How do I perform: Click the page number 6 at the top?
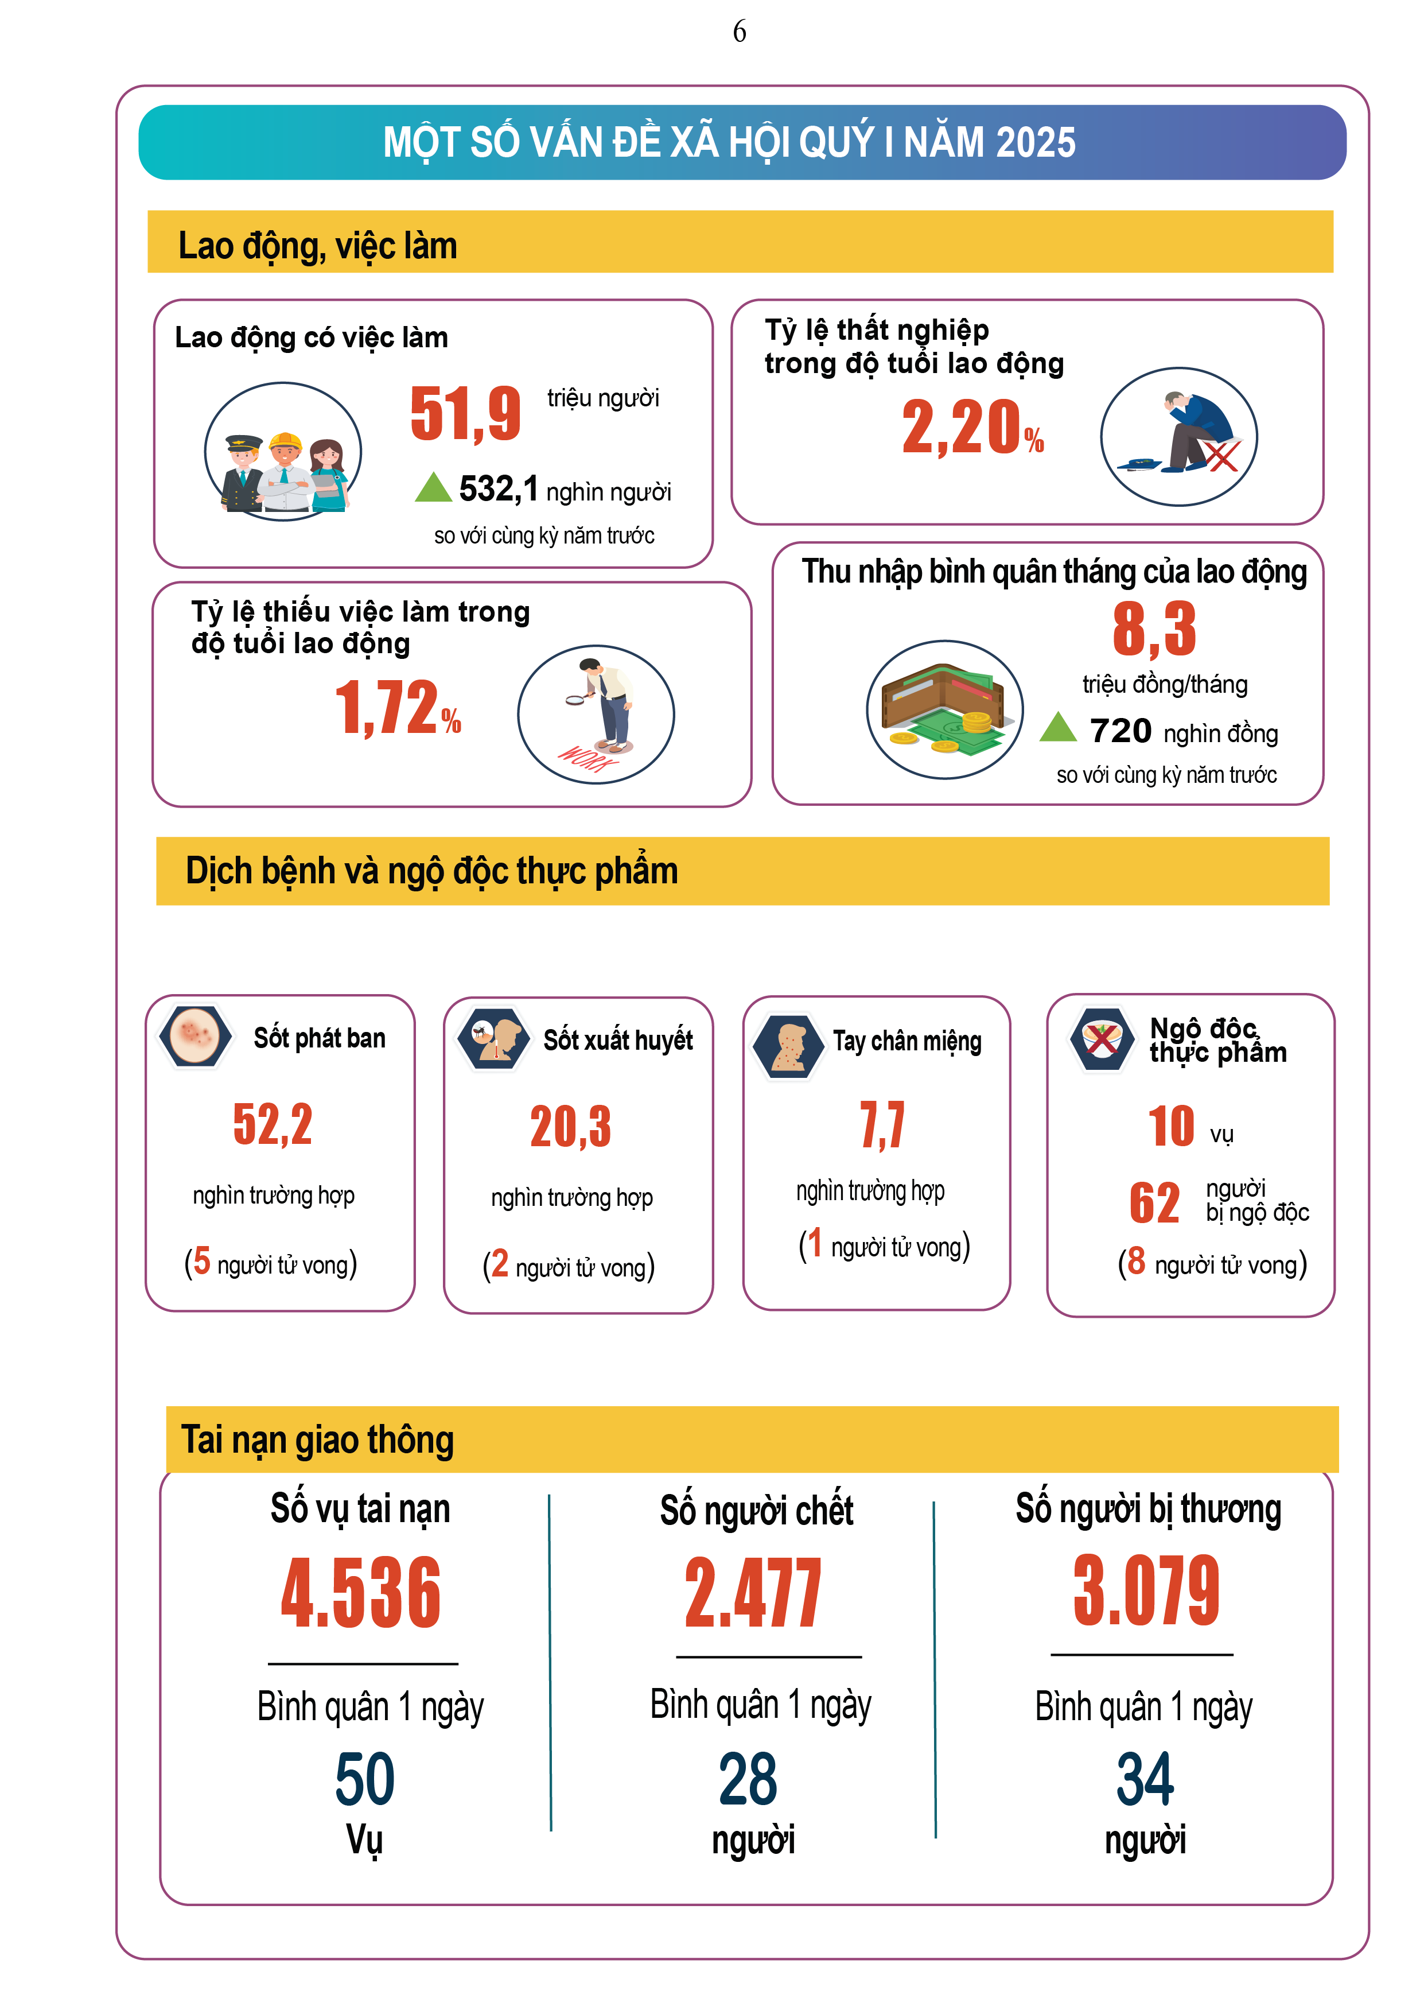pos(739,32)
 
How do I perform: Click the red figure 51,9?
pos(466,413)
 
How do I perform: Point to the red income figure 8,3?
pos(1154,629)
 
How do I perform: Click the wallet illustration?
pos(944,709)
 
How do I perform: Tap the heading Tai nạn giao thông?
pos(317,1440)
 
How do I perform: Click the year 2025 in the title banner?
pos(1036,142)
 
